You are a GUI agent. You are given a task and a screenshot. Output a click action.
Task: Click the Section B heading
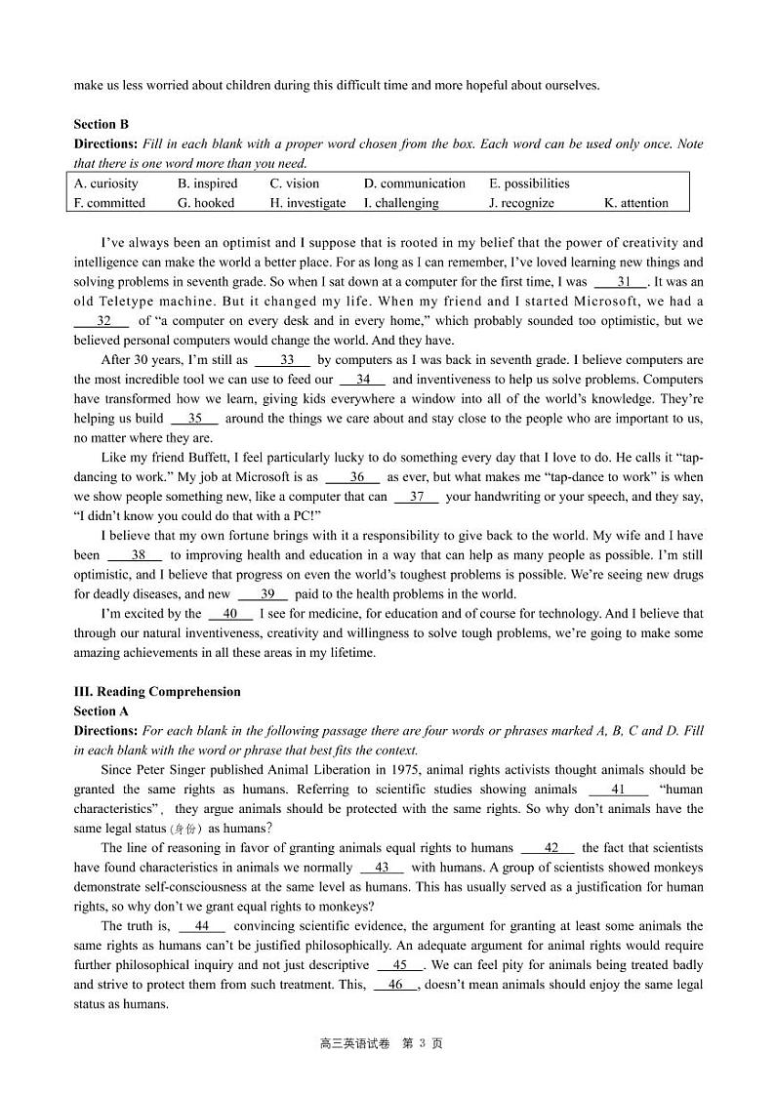tap(101, 124)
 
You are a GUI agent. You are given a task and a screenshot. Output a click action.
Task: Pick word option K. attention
tap(636, 203)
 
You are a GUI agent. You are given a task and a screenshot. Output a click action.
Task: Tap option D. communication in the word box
tap(414, 183)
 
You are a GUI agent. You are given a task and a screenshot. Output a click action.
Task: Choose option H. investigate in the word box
tap(307, 203)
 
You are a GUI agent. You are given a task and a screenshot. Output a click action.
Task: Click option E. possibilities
tap(529, 183)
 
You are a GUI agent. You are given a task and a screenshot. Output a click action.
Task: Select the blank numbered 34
tap(362, 380)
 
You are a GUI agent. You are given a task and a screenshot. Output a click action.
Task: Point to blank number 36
tap(351, 477)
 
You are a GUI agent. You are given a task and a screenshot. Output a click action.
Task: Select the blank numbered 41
tap(618, 790)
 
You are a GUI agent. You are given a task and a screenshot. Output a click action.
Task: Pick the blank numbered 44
tap(202, 926)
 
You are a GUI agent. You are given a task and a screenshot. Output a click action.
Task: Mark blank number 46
tap(395, 985)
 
